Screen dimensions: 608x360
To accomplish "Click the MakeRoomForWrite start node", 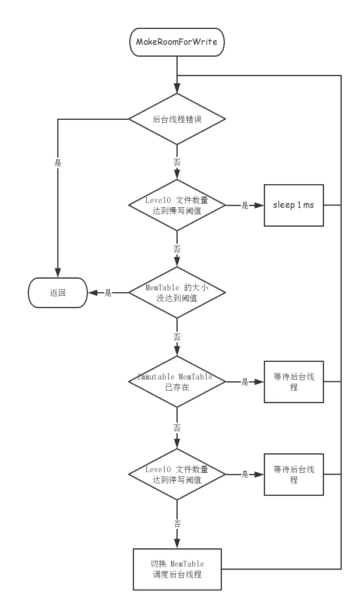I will (x=176, y=43).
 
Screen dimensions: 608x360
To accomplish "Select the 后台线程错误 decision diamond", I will (x=176, y=119).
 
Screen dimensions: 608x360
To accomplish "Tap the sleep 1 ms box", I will (x=293, y=205).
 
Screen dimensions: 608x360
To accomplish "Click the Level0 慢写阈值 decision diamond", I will (x=176, y=205).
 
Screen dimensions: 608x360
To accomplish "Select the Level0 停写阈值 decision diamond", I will (x=176, y=474).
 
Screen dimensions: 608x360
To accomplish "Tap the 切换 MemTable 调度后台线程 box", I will (x=176, y=569).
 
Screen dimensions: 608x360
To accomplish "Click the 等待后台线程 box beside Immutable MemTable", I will (x=293, y=382).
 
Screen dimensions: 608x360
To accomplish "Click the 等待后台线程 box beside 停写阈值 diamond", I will (x=293, y=474).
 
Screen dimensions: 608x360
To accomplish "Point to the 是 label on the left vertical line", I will (x=57, y=164).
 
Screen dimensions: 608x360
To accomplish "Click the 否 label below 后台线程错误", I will (x=176, y=161).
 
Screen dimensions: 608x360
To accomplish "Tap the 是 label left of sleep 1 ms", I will (x=245, y=205).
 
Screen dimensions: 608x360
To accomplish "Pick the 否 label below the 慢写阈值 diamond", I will (x=176, y=249).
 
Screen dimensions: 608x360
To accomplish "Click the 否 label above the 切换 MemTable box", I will (x=176, y=524).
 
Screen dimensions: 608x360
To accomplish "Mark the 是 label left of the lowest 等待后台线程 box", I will (x=245, y=474).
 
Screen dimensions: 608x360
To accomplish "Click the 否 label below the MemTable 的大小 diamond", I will (x=176, y=338).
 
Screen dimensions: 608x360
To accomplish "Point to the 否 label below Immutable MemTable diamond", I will (x=176, y=427).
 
